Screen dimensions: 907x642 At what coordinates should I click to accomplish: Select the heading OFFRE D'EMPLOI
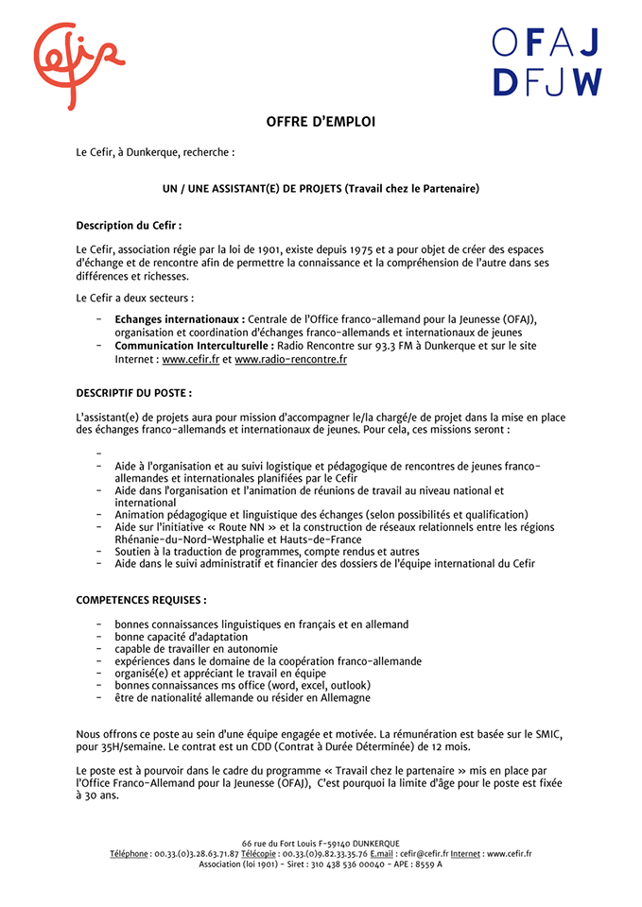point(321,121)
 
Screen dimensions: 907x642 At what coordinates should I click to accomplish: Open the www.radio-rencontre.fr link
point(290,359)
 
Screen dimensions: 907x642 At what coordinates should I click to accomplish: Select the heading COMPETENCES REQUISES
point(141,599)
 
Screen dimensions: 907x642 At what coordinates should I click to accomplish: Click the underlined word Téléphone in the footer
point(129,853)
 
